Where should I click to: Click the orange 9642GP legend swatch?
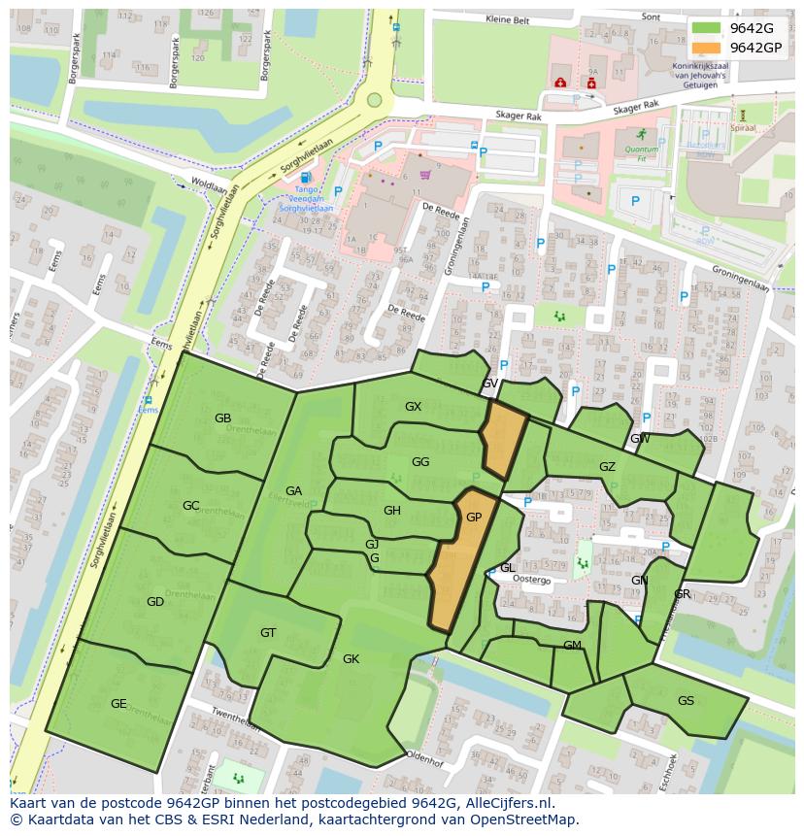pyautogui.click(x=706, y=48)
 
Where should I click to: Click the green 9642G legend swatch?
pyautogui.click(x=706, y=28)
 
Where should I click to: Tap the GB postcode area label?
pyautogui.click(x=222, y=418)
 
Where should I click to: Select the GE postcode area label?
pyautogui.click(x=118, y=704)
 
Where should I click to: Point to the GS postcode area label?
pyautogui.click(x=686, y=701)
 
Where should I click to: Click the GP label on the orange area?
pyautogui.click(x=474, y=518)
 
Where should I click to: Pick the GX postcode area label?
pyautogui.click(x=414, y=407)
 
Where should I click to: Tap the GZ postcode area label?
pyautogui.click(x=607, y=467)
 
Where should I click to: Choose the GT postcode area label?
pyautogui.click(x=268, y=633)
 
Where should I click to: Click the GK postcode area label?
pyautogui.click(x=351, y=659)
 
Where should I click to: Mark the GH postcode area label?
pyautogui.click(x=392, y=511)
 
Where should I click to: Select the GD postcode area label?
pyautogui.click(x=155, y=602)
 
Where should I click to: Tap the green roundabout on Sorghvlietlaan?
pyautogui.click(x=374, y=99)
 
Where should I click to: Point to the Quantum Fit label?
pyautogui.click(x=641, y=150)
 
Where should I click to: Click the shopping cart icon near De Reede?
pyautogui.click(x=424, y=175)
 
